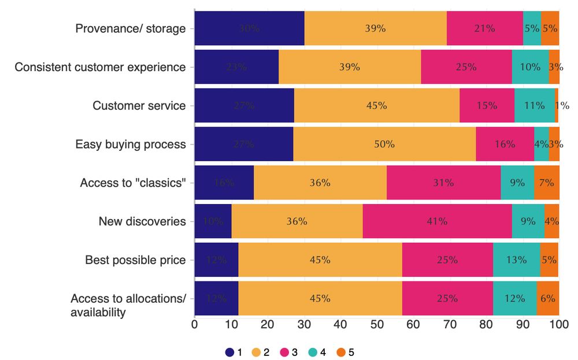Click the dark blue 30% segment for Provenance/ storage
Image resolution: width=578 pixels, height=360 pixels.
point(249,28)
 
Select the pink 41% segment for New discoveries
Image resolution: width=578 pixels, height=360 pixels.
point(437,221)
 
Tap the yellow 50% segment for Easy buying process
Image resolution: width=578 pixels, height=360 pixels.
point(384,144)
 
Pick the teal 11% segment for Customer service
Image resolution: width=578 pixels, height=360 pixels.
point(534,106)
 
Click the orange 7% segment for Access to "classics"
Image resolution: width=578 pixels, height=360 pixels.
point(546,183)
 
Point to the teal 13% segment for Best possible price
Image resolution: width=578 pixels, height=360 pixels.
point(516,260)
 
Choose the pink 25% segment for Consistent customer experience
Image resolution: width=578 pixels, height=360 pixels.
point(466,66)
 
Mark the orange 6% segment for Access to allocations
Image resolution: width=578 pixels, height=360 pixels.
point(547,299)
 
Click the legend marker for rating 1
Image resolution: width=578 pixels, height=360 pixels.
point(229,351)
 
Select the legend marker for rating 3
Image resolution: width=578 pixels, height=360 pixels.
point(284,351)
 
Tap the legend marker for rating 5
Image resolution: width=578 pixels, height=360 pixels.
point(340,351)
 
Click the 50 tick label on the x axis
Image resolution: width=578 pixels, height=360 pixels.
point(377,325)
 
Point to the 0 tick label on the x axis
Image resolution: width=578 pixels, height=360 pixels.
point(195,325)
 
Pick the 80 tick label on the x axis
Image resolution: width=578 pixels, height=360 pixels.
point(486,325)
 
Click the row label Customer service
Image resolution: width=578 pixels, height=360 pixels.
point(139,106)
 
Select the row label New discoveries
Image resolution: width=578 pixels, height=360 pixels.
point(142,221)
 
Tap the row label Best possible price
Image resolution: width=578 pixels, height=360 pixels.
point(135,260)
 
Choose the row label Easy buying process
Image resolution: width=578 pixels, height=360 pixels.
point(131,144)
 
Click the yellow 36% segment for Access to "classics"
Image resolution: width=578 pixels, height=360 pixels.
point(320,183)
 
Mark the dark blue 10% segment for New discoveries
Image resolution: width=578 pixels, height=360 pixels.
point(213,221)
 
